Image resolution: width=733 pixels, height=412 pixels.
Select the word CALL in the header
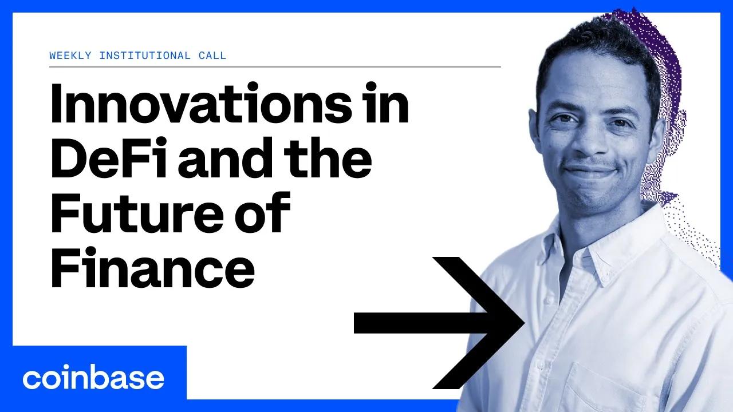coord(211,56)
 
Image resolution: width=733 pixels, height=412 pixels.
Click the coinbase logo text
coord(93,378)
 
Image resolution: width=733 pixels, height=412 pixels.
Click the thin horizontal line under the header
coord(275,67)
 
